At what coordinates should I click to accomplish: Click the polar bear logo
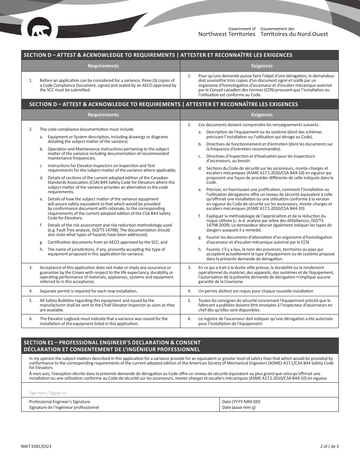(40, 31)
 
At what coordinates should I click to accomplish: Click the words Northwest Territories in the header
(227, 34)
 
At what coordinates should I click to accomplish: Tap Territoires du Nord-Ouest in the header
(294, 34)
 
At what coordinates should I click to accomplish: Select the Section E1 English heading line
(112, 342)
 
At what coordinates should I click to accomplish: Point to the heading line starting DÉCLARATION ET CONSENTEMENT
(111, 349)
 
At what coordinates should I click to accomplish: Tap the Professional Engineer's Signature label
(59, 402)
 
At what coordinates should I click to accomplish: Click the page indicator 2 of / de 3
(329, 446)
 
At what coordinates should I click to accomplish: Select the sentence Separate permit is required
(88, 291)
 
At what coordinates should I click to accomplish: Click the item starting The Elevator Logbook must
(103, 321)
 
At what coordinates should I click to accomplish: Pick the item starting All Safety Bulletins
(107, 305)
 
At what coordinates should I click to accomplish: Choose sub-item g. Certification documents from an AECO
(107, 242)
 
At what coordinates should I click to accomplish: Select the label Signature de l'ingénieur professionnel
(64, 408)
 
